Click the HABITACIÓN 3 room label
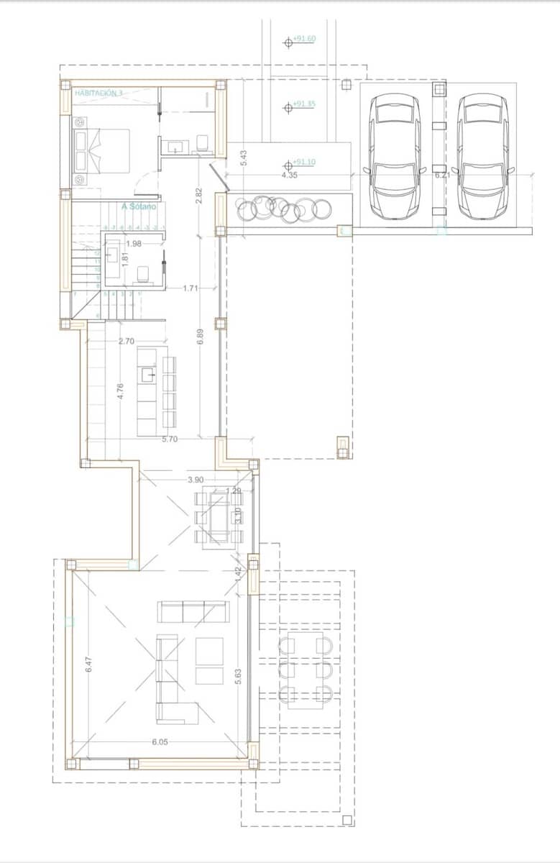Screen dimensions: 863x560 [98, 93]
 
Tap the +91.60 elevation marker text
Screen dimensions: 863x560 [304, 39]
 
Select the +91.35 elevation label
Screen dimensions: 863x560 [304, 104]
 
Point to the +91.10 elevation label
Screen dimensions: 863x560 [304, 163]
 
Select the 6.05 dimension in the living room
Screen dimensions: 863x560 [160, 743]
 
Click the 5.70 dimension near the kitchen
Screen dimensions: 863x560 [170, 439]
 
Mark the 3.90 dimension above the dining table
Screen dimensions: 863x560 [195, 480]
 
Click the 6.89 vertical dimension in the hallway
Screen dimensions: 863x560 [200, 336]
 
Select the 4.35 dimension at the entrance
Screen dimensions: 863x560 [289, 175]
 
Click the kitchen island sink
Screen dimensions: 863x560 [148, 374]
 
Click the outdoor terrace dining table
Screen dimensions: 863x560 [306, 670]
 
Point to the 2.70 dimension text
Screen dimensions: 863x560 [127, 342]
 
